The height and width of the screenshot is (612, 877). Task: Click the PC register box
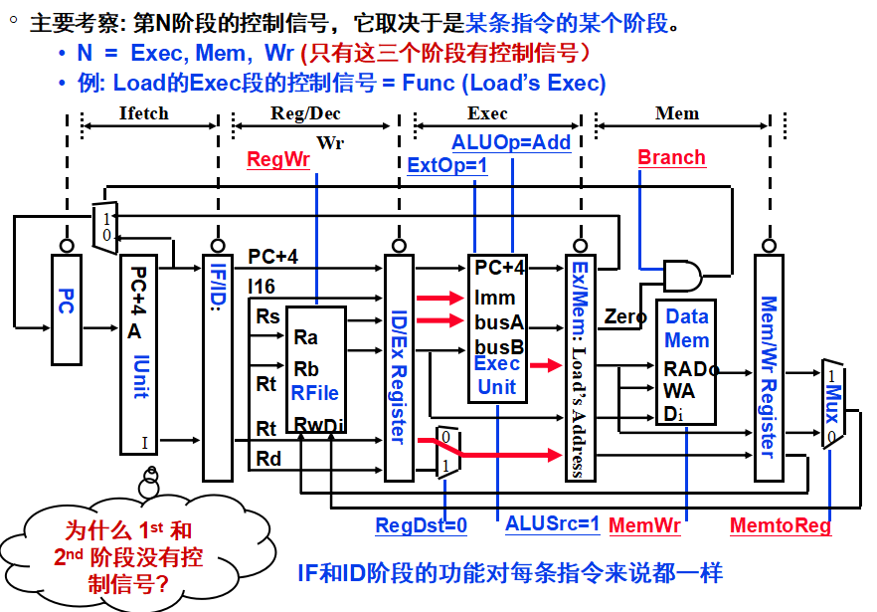tap(66, 308)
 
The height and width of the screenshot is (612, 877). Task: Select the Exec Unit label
tap(497, 375)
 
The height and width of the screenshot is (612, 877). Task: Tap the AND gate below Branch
tap(681, 276)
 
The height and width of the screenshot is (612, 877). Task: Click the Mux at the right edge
tap(831, 404)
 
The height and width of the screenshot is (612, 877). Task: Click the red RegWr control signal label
tap(278, 159)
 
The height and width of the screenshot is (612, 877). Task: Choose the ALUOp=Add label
tap(511, 142)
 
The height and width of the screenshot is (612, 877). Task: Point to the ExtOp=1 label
tap(447, 165)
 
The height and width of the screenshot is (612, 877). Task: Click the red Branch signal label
tap(671, 157)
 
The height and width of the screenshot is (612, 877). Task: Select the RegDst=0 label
tap(421, 525)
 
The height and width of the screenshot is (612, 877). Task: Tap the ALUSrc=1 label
tap(552, 523)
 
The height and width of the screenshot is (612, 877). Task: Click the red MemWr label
tap(644, 524)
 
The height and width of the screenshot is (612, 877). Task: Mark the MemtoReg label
tap(780, 525)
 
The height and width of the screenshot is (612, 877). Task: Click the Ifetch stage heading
tap(144, 113)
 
